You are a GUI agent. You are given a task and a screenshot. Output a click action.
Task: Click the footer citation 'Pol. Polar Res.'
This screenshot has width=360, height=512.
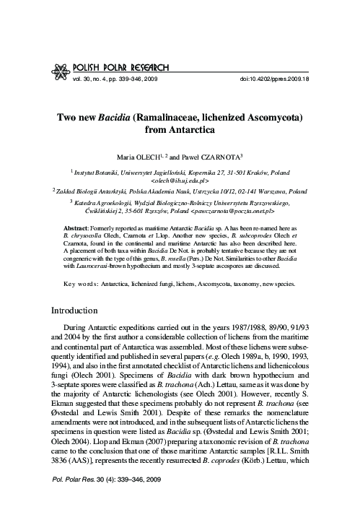tap(72, 499)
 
